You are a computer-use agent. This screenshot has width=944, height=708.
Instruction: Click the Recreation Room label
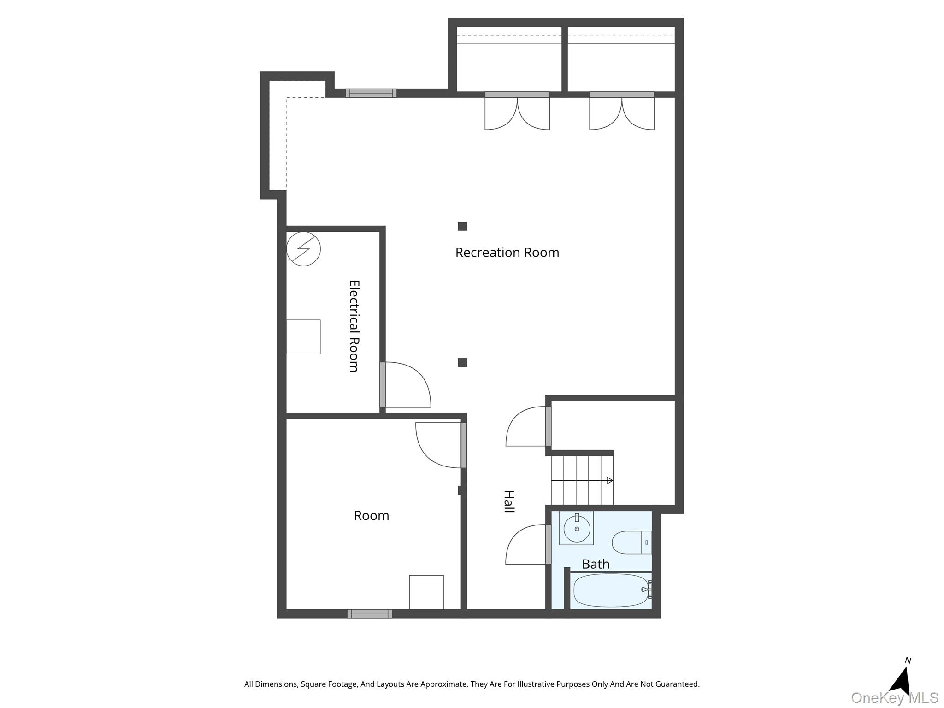coord(507,253)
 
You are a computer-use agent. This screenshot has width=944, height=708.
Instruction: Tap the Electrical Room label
coord(354,326)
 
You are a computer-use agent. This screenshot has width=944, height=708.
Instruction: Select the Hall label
coord(508,501)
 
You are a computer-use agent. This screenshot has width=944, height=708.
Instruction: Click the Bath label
coord(596,564)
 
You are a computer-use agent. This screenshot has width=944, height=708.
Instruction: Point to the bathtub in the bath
coord(612,590)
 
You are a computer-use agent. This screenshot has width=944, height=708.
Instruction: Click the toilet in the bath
coord(632,543)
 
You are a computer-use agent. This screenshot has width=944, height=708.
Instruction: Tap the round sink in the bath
coord(577,529)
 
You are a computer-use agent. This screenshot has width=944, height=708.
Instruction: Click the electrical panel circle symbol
coord(303,249)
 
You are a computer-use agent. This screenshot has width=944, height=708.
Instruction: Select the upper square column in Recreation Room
coord(462,226)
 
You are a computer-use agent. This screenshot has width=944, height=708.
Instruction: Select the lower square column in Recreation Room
coord(462,363)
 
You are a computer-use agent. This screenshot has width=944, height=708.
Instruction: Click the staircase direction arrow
coord(582,480)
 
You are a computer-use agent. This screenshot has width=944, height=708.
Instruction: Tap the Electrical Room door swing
coord(406,385)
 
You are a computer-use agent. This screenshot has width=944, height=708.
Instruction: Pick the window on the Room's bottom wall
coord(370,614)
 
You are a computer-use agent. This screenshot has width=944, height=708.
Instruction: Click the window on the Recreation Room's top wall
coord(371,93)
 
